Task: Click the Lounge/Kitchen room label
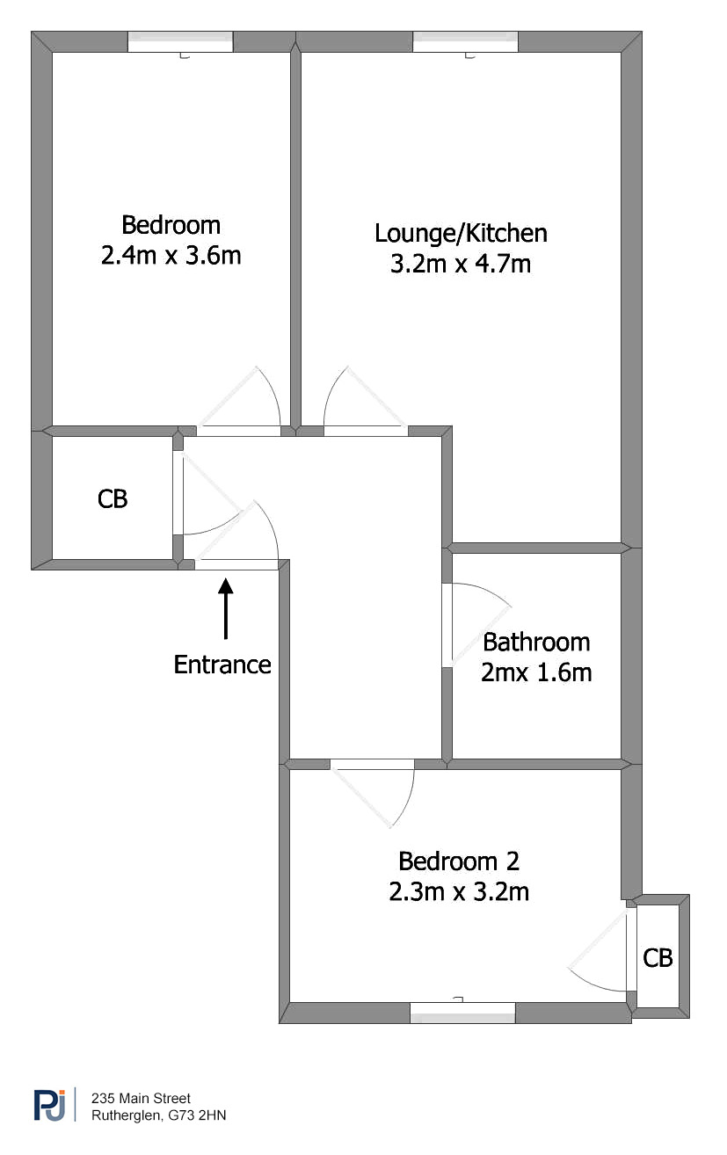coord(461,234)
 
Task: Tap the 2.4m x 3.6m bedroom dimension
coord(171,256)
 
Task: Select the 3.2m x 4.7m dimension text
coord(461,264)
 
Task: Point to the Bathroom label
coord(536,643)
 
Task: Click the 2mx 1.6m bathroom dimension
coord(536,673)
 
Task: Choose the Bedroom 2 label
coord(459,861)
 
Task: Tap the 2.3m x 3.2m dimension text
coord(459,892)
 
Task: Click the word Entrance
coord(222,665)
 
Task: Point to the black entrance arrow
coord(225,609)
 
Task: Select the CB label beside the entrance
coord(113,499)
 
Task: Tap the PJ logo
coord(50,1105)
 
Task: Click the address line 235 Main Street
coord(141,1098)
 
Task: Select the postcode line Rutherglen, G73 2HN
coord(159,1115)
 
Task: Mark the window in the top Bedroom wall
coord(180,42)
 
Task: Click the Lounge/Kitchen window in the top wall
coord(466,42)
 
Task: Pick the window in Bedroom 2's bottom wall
coord(462,1013)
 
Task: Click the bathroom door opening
coord(447,626)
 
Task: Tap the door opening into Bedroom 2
coord(372,764)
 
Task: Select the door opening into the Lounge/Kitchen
coord(366,431)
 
